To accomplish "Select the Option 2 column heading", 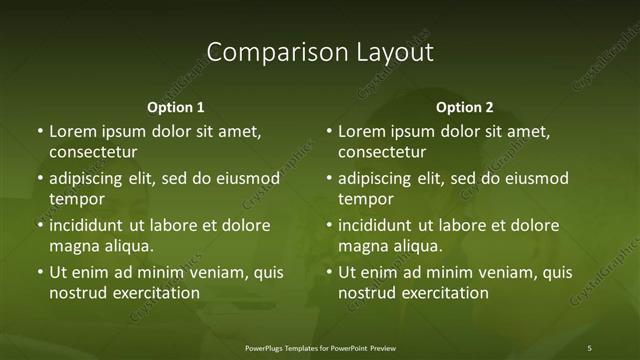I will pos(464,107).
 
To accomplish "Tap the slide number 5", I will pos(589,347).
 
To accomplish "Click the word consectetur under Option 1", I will pos(93,152).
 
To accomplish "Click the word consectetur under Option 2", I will pos(382,152).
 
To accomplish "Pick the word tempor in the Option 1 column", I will pos(77,199).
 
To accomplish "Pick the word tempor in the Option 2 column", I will pos(366,199).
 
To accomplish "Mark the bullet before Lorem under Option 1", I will pos(40,132).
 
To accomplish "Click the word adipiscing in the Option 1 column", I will pos(91,179).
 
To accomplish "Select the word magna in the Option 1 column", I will pos(73,246).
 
